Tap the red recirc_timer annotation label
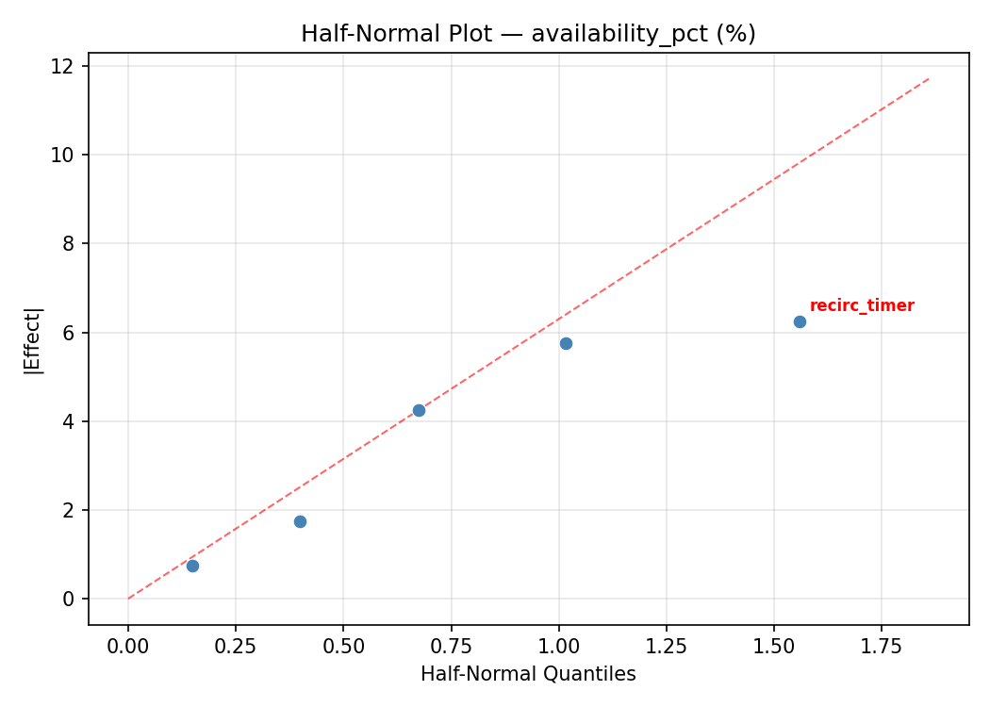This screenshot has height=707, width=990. (x=862, y=306)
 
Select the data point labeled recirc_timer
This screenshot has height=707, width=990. (x=800, y=321)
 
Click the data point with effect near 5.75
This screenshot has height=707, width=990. (x=566, y=343)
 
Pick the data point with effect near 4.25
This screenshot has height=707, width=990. (x=419, y=410)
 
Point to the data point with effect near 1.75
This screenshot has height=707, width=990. (x=300, y=521)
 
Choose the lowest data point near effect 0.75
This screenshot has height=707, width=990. (x=192, y=566)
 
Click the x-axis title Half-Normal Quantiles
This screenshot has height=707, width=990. (x=528, y=674)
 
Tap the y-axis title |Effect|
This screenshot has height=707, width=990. (x=33, y=340)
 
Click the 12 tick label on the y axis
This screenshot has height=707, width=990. (x=64, y=66)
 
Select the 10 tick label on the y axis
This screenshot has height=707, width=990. (x=64, y=155)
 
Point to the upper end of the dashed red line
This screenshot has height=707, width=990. (x=929, y=78)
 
